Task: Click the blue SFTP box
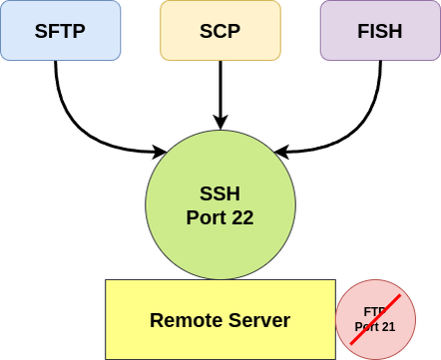click(61, 30)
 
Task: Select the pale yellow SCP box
click(220, 30)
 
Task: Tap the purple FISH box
click(379, 30)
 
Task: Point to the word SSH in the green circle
click(220, 192)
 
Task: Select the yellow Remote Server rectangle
click(220, 319)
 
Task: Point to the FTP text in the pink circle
click(375, 311)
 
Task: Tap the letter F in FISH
click(361, 31)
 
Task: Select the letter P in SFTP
click(80, 31)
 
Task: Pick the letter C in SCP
click(220, 31)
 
